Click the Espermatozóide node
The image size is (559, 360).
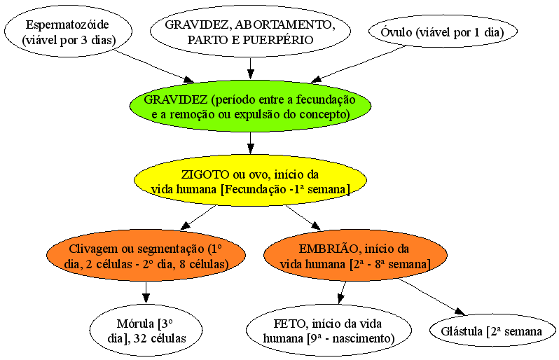[x=69, y=32]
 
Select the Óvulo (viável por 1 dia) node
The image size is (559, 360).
[x=443, y=32]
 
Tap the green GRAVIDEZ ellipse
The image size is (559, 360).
[x=250, y=106]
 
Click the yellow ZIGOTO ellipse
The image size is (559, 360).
[x=250, y=181]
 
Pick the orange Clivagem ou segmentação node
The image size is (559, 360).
[x=146, y=256]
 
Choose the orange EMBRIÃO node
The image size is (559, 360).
[x=355, y=256]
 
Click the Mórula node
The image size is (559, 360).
[x=146, y=330]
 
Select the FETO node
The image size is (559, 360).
[x=329, y=330]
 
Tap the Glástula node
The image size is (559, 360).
[x=492, y=331]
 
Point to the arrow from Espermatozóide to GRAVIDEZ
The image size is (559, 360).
[x=153, y=66]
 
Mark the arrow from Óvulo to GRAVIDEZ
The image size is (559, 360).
[x=359, y=64]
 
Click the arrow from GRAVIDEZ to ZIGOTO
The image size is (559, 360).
[x=251, y=143]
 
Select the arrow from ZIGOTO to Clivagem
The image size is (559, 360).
[x=198, y=218]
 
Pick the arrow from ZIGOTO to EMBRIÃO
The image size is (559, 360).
[x=303, y=218]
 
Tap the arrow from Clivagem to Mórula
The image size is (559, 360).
[x=146, y=293]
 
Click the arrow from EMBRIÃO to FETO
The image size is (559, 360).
[x=343, y=293]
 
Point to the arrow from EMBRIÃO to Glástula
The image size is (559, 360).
[x=432, y=297]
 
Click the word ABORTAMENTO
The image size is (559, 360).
[x=283, y=25]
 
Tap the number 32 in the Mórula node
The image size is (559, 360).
[x=140, y=338]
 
